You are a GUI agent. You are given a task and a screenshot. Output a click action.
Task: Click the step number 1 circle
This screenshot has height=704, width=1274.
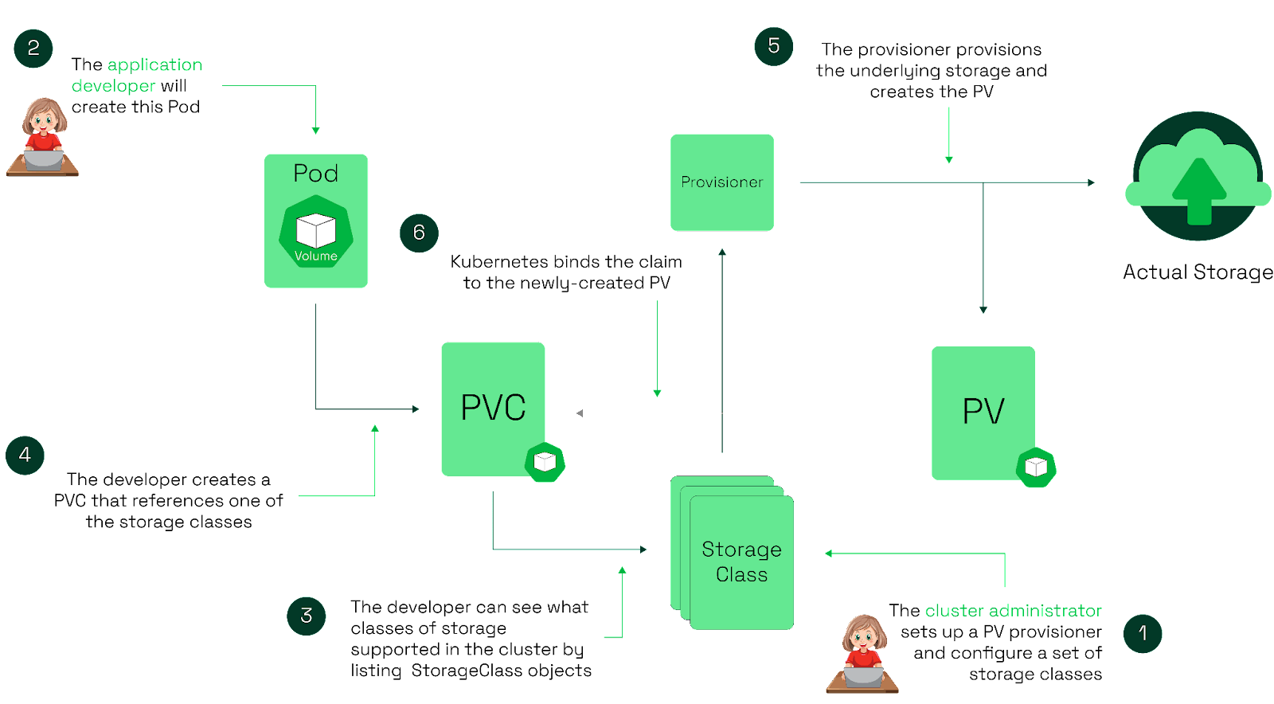(1142, 634)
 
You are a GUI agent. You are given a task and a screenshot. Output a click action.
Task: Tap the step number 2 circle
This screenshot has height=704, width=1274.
(33, 49)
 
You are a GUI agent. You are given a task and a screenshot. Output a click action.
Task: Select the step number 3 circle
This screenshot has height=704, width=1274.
(307, 616)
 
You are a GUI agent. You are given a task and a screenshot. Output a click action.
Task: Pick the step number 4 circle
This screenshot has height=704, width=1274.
(25, 456)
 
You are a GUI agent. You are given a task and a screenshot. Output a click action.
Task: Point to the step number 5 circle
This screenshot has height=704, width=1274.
(773, 46)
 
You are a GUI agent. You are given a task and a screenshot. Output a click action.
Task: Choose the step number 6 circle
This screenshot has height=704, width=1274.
(419, 233)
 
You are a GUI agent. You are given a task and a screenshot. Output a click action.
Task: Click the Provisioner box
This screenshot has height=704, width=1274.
(721, 182)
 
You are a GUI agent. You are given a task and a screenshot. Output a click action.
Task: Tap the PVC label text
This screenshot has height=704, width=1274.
(493, 408)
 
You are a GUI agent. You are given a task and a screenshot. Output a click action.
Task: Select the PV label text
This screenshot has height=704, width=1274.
(983, 412)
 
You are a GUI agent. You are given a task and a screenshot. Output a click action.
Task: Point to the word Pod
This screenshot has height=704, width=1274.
(315, 174)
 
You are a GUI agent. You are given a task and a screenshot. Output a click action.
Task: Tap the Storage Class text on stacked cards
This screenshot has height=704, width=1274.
(741, 561)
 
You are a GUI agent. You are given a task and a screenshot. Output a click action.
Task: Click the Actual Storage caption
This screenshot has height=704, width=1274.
(1198, 272)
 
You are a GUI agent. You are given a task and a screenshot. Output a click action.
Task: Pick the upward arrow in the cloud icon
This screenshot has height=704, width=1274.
(1199, 190)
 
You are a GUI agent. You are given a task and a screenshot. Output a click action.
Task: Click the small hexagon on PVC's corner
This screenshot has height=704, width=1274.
(545, 462)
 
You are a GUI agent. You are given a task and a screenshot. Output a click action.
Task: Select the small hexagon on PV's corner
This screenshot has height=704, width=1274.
(1036, 467)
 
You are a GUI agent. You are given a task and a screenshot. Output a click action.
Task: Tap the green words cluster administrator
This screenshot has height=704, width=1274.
(1013, 611)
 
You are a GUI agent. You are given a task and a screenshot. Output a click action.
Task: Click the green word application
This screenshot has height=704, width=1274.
(154, 65)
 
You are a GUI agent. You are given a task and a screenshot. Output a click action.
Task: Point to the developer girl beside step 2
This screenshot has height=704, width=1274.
(43, 137)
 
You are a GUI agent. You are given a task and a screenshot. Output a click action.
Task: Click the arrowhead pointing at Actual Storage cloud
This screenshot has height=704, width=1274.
(1092, 183)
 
